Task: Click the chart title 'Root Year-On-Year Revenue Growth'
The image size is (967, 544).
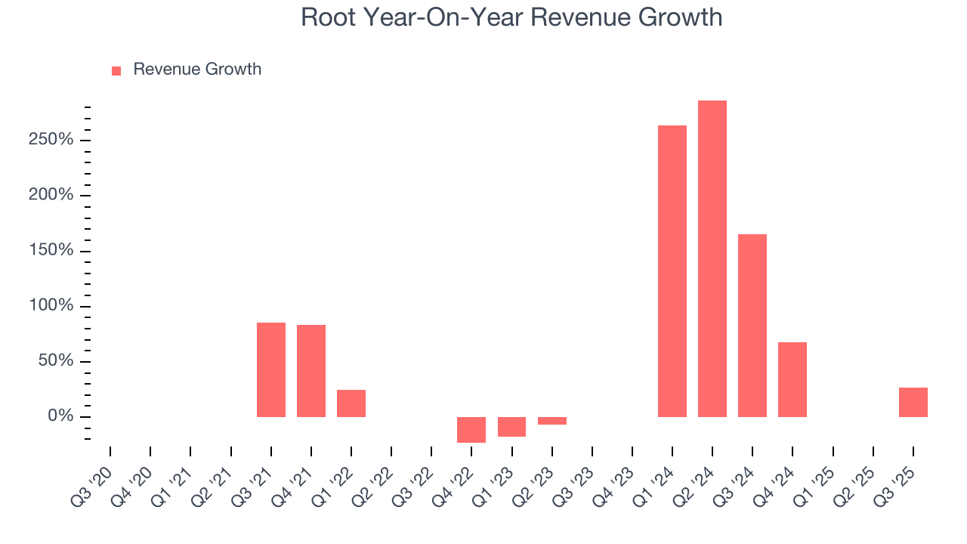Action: (511, 17)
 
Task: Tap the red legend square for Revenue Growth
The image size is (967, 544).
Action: (116, 70)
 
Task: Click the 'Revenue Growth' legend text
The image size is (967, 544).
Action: (197, 70)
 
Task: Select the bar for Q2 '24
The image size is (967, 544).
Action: (712, 258)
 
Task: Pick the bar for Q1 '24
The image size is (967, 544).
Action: (672, 270)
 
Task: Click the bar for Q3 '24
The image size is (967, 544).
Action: (752, 325)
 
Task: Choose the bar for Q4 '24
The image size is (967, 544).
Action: (792, 379)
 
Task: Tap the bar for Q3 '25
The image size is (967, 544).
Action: (913, 402)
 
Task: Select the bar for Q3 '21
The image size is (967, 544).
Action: (270, 369)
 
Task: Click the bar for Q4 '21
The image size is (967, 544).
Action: (310, 370)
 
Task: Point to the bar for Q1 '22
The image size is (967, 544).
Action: (351, 403)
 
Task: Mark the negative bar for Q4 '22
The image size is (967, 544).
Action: (471, 429)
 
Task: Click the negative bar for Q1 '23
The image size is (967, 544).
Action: (511, 426)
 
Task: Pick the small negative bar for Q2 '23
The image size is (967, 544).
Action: (551, 421)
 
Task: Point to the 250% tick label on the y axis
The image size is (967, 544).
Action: (52, 140)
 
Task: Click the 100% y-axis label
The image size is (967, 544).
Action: (52, 306)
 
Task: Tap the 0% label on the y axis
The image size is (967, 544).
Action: (60, 416)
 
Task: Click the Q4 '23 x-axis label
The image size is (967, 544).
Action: (613, 481)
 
